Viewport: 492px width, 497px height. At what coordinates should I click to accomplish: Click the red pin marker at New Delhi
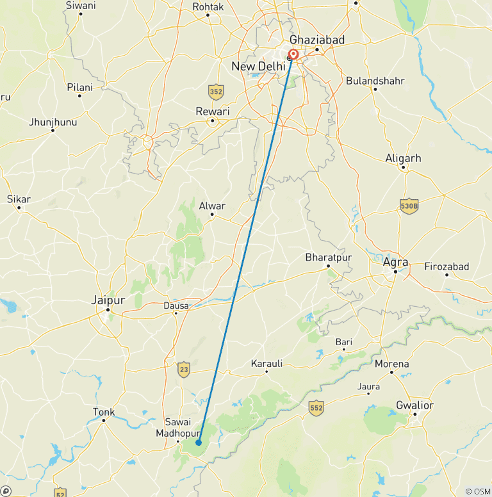tap(293, 54)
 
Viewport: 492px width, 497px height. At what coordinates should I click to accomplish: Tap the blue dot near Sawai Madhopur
tap(199, 443)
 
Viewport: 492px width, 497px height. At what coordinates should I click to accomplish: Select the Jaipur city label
tap(108, 299)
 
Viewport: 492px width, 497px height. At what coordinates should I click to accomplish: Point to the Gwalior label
tap(414, 405)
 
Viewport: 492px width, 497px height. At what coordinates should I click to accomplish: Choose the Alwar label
tap(212, 206)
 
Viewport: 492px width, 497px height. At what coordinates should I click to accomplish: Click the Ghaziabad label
tap(317, 40)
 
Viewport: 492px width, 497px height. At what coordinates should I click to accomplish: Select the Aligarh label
tap(403, 158)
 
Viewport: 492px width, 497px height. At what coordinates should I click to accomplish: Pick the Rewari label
tap(212, 111)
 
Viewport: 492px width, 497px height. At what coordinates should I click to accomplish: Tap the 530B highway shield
tap(409, 205)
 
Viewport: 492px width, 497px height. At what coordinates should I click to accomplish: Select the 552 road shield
tap(316, 407)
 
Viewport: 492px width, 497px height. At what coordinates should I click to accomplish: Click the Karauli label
tap(266, 364)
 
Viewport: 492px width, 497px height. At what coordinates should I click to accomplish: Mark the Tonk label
tap(104, 412)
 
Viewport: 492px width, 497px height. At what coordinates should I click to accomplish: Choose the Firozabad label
tap(447, 266)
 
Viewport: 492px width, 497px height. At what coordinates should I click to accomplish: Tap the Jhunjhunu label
tap(53, 122)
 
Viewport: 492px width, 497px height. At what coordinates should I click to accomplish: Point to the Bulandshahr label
tap(375, 81)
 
